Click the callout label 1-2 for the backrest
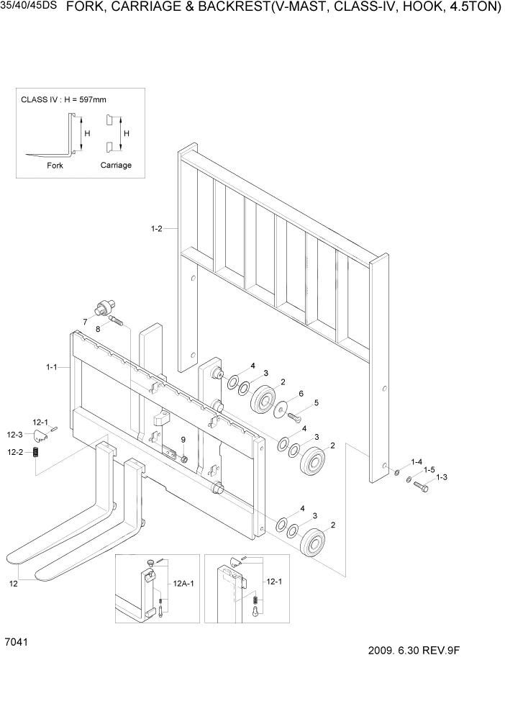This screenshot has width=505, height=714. point(156,229)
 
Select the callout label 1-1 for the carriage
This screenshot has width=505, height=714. point(51,367)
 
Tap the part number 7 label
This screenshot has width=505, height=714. point(86,321)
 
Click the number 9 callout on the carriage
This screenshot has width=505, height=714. point(183,439)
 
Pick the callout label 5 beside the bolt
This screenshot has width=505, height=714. point(315,402)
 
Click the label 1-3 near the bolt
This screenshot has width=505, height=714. point(441,477)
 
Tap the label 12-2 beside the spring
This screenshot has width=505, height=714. point(15,452)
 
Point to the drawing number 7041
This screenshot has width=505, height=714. point(16,641)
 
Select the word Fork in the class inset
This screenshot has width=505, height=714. point(55,165)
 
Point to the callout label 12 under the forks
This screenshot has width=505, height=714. point(13,584)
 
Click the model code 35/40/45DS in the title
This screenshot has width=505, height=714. point(29,9)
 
